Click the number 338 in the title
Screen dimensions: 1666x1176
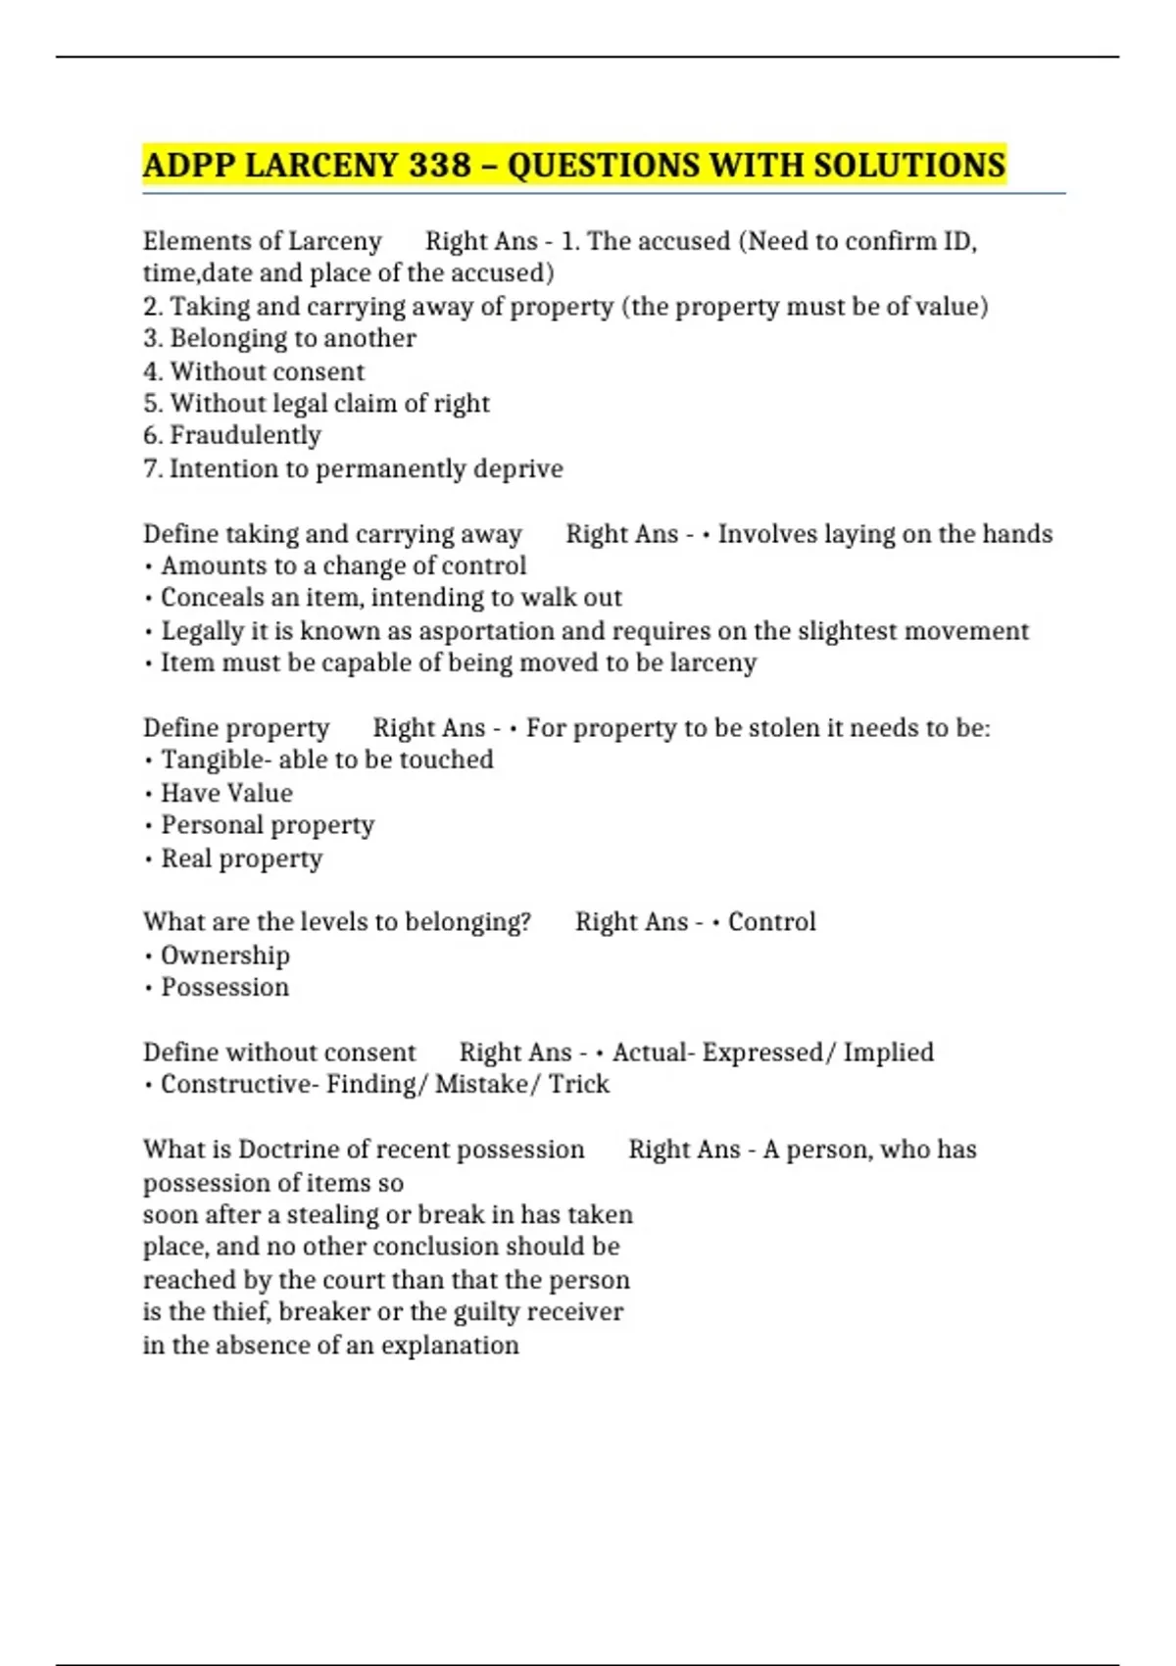(x=440, y=165)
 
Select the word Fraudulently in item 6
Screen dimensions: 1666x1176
(x=245, y=435)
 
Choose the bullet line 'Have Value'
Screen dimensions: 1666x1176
(x=225, y=793)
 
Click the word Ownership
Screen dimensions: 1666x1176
(x=224, y=955)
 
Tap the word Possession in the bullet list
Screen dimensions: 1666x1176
(x=224, y=987)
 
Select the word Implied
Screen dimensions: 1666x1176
(x=888, y=1053)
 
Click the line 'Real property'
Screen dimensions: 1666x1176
(x=241, y=858)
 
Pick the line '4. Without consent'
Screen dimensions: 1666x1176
(x=254, y=371)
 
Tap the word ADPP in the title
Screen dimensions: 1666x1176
(x=187, y=165)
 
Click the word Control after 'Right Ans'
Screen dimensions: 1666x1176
(x=771, y=922)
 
